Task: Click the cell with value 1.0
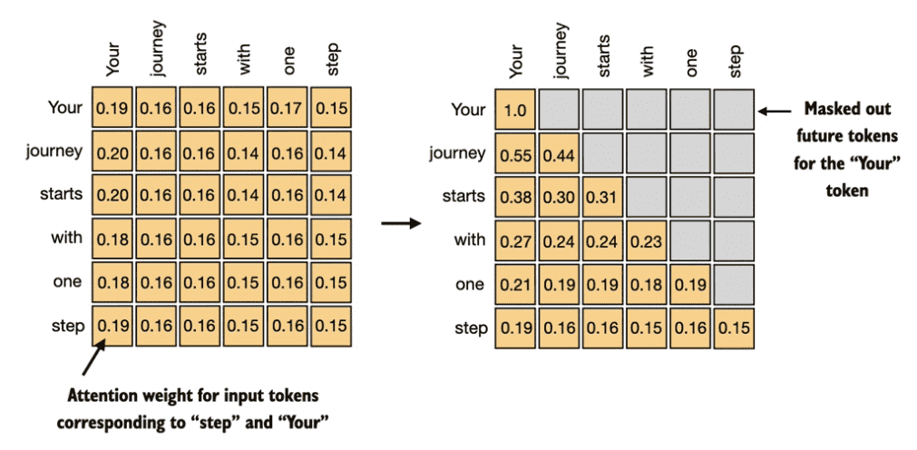click(515, 110)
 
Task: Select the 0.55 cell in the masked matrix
click(515, 153)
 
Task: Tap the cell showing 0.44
click(559, 153)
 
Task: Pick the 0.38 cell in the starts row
click(515, 197)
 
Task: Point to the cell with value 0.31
click(602, 197)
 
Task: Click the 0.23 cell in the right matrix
click(646, 241)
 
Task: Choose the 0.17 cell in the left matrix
click(288, 108)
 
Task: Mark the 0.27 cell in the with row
click(515, 241)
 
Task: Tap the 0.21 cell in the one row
click(515, 285)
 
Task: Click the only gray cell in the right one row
click(734, 285)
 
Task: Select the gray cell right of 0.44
click(602, 153)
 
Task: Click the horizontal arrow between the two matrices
click(401, 223)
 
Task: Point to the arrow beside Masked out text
click(775, 110)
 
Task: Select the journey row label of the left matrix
click(54, 152)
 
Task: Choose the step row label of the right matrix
click(471, 328)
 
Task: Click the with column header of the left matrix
click(244, 60)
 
